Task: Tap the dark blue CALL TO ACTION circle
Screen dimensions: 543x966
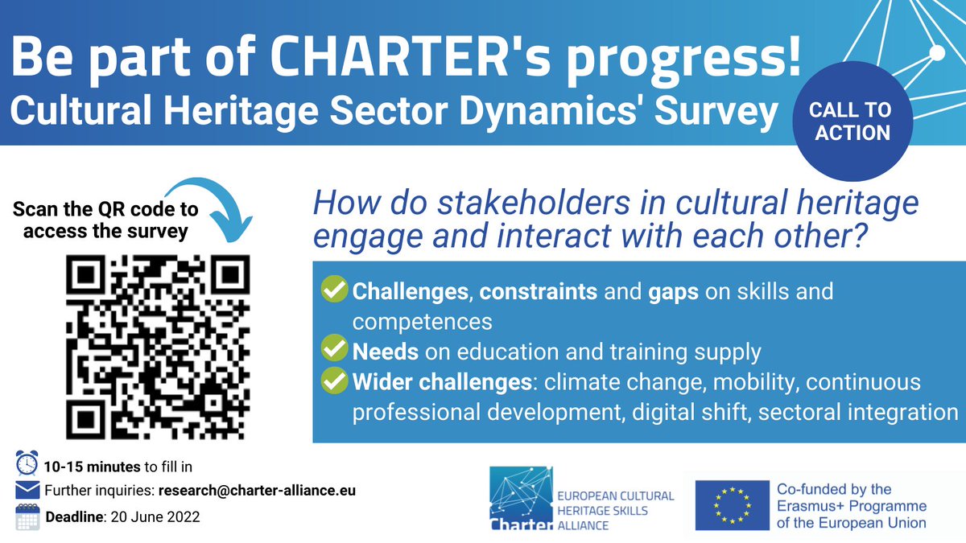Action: point(852,121)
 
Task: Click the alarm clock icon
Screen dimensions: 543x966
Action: point(27,466)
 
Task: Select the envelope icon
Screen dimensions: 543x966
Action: point(27,490)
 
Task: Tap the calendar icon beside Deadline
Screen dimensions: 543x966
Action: point(27,516)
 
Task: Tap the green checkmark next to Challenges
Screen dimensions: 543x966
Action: point(332,290)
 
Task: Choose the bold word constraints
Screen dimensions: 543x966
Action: point(539,291)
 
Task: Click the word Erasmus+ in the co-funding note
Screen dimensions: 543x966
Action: point(809,506)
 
